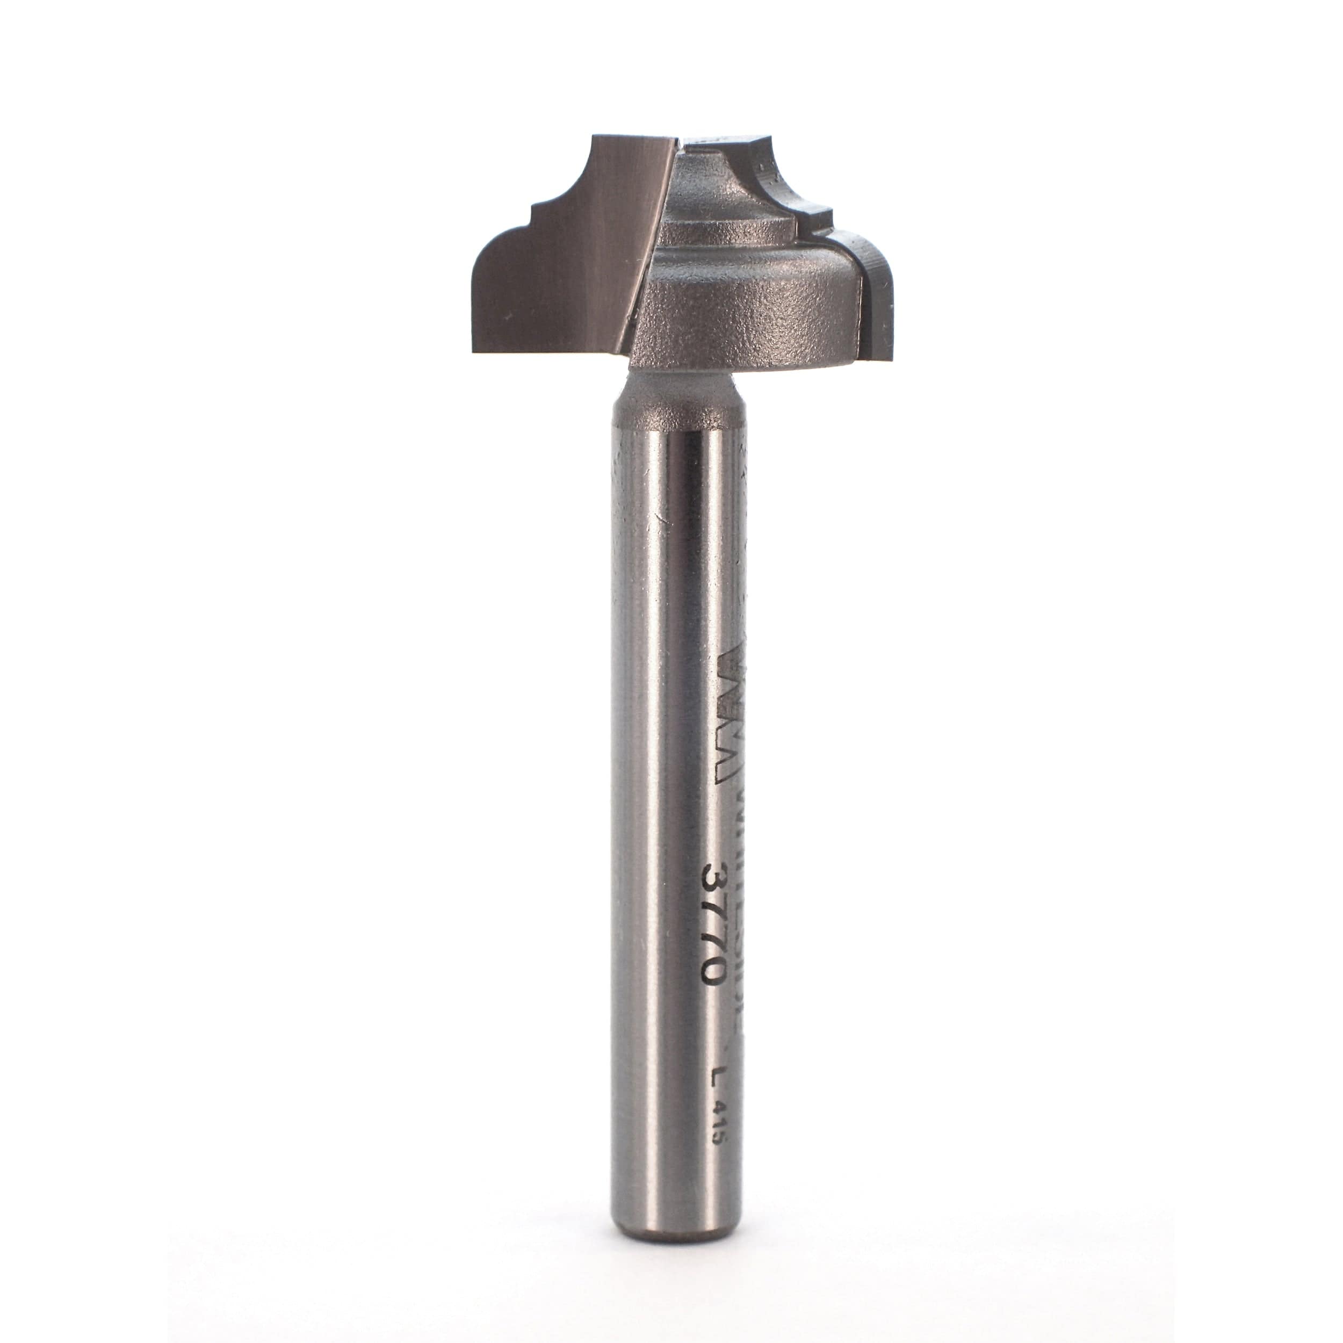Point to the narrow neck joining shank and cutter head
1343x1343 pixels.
pyautogui.click(x=671, y=389)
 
